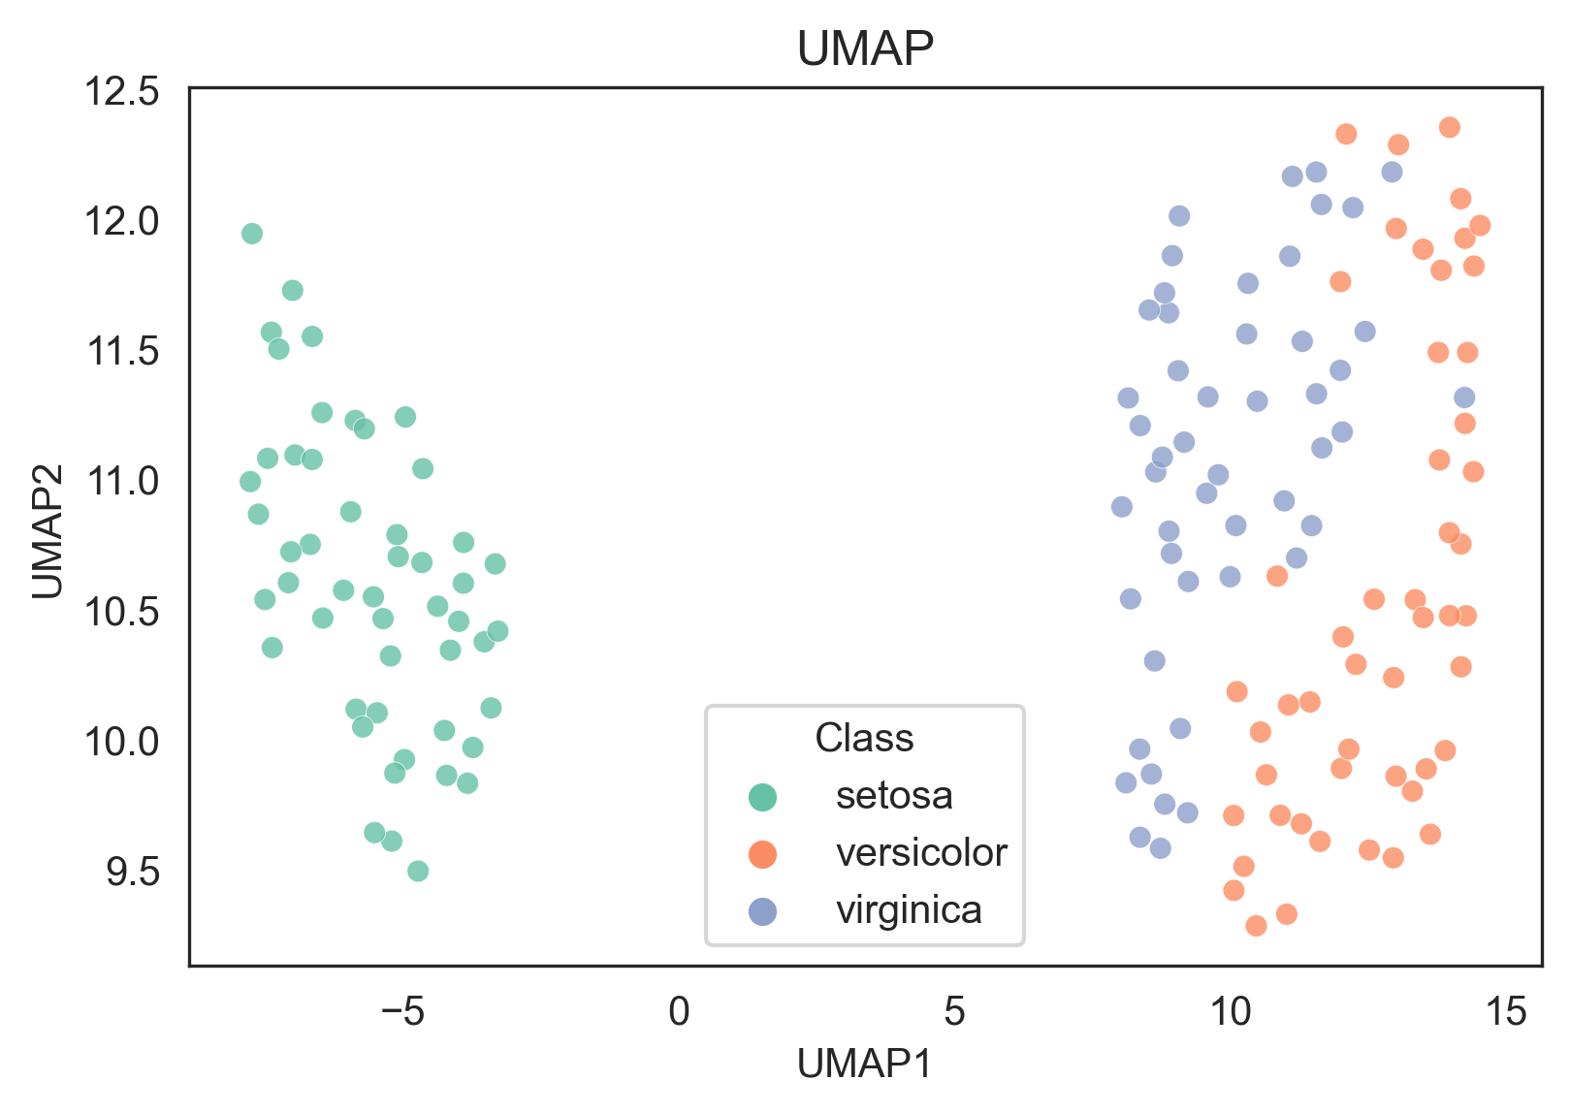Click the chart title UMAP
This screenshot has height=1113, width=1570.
point(865,48)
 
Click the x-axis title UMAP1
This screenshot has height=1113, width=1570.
point(864,1065)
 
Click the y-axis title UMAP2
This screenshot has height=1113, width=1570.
point(48,531)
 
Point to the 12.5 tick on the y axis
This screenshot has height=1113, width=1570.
point(121,92)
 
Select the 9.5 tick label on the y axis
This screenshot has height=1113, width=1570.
point(133,873)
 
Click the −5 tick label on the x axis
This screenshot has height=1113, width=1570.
point(402,1012)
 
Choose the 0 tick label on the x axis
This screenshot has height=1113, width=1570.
point(679,1012)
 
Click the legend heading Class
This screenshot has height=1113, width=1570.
point(864,739)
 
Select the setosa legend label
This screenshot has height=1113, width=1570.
point(894,796)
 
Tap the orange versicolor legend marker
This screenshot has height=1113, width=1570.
point(763,853)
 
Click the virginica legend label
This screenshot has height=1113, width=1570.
point(909,910)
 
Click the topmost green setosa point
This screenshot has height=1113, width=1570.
point(252,234)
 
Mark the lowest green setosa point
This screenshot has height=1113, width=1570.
point(418,871)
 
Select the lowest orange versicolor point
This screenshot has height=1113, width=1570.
point(1256,926)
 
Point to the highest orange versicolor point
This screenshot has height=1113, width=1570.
point(1450,127)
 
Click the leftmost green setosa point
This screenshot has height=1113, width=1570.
point(250,482)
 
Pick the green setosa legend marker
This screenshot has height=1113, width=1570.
point(763,796)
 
